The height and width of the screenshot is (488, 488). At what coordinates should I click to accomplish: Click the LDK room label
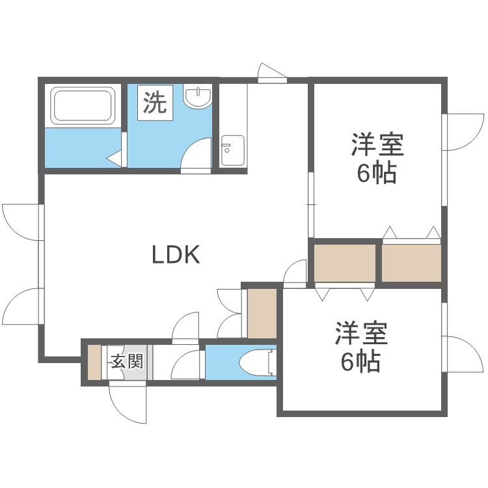(x=175, y=255)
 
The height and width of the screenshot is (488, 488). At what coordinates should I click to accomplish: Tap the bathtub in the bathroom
(x=84, y=106)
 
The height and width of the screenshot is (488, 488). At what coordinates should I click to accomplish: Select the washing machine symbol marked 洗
(x=155, y=103)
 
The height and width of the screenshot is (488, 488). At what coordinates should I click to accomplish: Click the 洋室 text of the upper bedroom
(x=377, y=144)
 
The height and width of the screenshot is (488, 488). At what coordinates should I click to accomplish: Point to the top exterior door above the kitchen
(x=271, y=73)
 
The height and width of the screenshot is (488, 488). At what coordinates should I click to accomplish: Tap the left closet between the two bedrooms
(x=345, y=263)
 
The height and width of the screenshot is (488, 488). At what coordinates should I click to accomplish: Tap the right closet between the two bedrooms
(x=411, y=263)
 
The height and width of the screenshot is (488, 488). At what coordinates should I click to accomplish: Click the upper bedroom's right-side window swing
(x=463, y=133)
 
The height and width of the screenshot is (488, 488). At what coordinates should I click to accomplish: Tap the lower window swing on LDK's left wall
(x=21, y=305)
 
